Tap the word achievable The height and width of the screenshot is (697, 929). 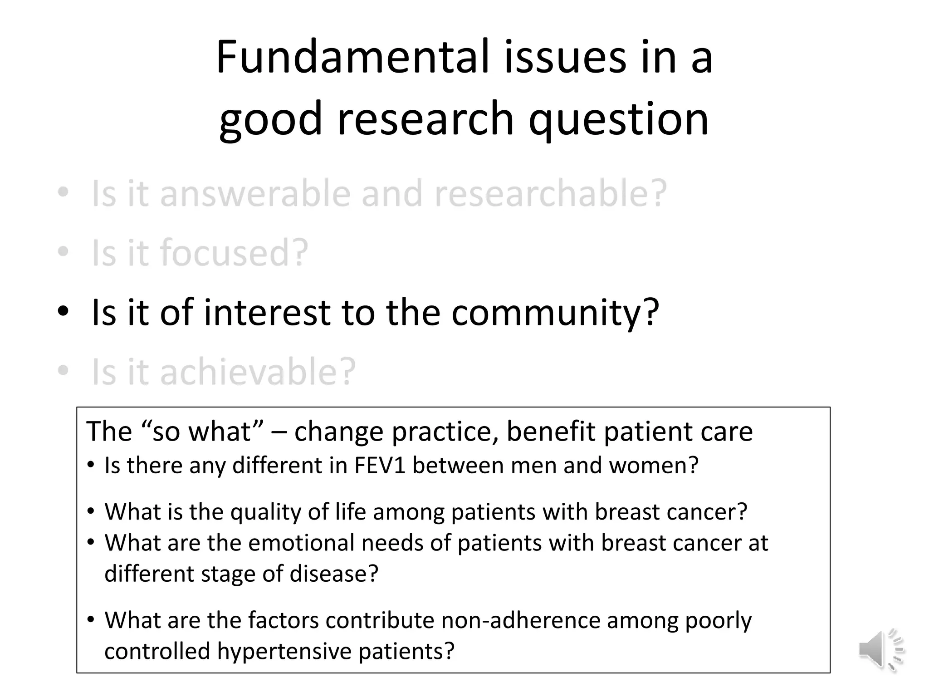[x=258, y=372]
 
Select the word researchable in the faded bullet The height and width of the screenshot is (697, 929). [x=550, y=194]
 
